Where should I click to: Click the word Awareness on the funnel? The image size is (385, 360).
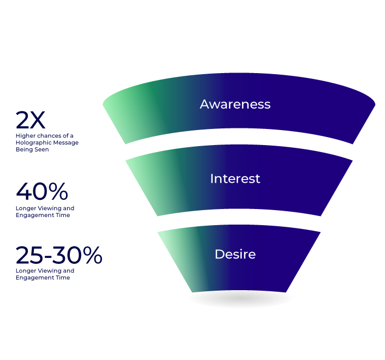click(235, 104)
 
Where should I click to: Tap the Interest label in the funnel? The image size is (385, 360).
click(235, 178)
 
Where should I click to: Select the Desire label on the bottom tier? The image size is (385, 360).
click(235, 254)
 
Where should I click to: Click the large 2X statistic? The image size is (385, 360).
click(31, 120)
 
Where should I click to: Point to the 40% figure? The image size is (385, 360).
click(42, 192)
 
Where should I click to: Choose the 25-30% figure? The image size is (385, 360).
click(59, 256)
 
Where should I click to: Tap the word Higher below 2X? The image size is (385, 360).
click(24, 136)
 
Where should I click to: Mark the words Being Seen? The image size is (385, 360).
click(32, 149)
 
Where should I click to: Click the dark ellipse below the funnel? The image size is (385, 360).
click(241, 299)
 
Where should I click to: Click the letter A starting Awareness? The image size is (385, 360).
click(205, 104)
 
